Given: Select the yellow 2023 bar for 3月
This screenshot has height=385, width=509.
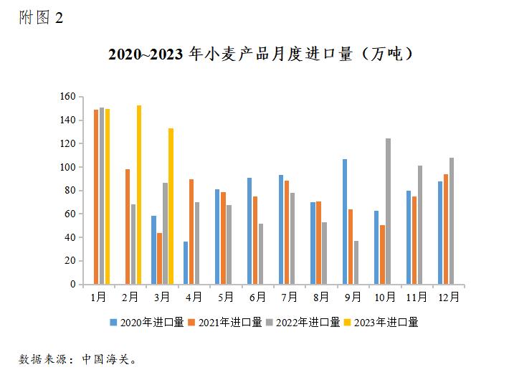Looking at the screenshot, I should tap(171, 206).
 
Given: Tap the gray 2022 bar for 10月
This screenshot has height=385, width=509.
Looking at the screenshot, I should tap(388, 211).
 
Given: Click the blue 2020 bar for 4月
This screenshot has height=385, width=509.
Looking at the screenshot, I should tap(186, 263).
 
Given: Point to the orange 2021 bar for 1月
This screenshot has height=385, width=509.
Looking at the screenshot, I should tap(96, 197).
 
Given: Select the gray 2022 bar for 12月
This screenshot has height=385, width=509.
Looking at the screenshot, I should tap(452, 221).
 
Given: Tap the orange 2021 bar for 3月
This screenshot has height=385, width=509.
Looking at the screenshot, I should tap(159, 259).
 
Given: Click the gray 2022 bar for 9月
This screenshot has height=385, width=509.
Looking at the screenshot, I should tap(356, 262).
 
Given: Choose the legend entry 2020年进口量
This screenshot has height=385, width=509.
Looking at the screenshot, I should tap(146, 323).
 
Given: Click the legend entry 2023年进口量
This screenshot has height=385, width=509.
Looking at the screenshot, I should tap(383, 323).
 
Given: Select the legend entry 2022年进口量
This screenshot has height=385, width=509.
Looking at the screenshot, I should tap(304, 323).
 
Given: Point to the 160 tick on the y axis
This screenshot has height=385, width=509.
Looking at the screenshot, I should tap(67, 97).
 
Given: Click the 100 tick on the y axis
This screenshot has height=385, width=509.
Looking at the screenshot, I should tap(67, 167).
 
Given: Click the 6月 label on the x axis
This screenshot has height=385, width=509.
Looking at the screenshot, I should tap(257, 296).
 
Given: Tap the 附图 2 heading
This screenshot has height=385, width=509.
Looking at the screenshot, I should tap(41, 17).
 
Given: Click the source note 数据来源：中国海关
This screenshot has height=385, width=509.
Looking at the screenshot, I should tap(77, 358).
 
